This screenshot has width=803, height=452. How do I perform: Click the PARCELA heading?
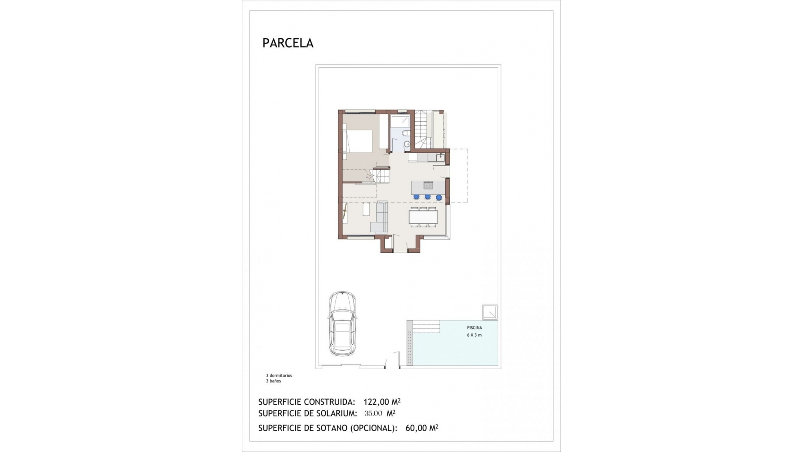(x=288, y=43)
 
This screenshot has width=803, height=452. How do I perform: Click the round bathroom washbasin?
(x=407, y=144)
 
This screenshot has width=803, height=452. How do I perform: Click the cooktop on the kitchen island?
(x=428, y=185)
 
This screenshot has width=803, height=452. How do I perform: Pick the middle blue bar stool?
(x=427, y=197)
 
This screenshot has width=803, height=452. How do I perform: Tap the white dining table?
(x=423, y=217)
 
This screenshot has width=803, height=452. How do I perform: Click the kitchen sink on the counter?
(x=440, y=158)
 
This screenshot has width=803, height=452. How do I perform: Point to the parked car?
(x=342, y=324)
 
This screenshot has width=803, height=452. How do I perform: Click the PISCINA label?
(x=474, y=328)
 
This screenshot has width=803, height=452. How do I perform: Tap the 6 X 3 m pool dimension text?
(x=474, y=335)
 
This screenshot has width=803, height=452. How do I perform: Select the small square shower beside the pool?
(x=490, y=312)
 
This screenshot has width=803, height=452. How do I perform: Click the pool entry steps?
(x=427, y=326)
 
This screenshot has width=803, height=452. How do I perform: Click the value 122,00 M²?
(x=382, y=402)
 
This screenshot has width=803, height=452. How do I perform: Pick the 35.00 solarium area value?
(x=373, y=413)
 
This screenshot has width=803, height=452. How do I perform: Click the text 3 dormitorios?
(x=279, y=375)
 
